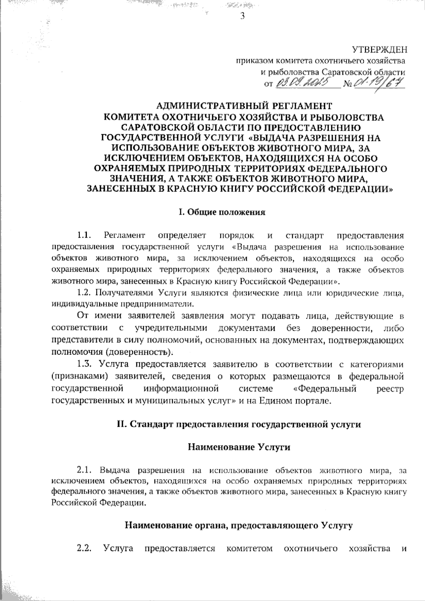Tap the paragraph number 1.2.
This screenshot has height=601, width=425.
click(85, 293)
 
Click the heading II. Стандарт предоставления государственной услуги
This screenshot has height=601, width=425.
click(239, 424)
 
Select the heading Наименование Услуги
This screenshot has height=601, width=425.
click(239, 447)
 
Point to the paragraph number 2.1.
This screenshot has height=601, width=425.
click(85, 471)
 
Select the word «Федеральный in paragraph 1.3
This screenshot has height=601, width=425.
click(325, 389)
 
